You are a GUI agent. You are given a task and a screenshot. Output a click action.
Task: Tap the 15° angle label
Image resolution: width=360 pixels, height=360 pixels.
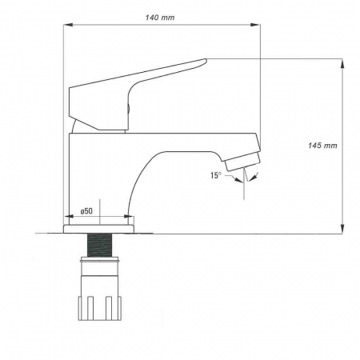pos(215,174)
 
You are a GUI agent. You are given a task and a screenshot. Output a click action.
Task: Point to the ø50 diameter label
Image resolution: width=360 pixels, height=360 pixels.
pos(87,211)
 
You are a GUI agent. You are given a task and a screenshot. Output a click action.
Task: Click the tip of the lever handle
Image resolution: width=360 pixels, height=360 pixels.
pos(204,61)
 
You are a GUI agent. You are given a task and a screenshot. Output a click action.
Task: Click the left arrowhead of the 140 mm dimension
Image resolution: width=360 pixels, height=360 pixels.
pos(66,26)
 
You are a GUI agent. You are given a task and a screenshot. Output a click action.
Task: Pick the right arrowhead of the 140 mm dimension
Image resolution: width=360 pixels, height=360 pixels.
pos(259,26)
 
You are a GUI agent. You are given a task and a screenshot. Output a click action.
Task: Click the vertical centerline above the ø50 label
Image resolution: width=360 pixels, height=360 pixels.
pos(100,204)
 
